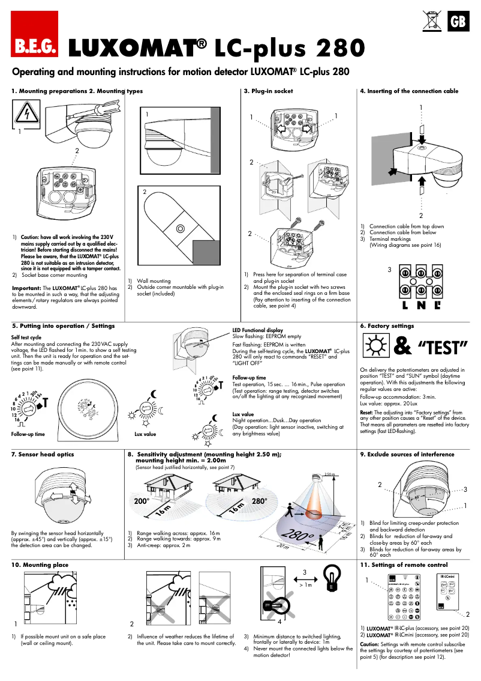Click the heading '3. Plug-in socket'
click(x=268, y=91)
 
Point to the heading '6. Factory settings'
click(x=387, y=326)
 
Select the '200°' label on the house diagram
click(x=141, y=500)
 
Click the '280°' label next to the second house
click(x=259, y=500)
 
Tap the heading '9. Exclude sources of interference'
click(x=407, y=455)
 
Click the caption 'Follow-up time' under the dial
click(x=28, y=434)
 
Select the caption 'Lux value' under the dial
click(x=145, y=434)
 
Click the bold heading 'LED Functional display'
click(x=257, y=330)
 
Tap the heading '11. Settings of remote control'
click(x=404, y=565)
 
